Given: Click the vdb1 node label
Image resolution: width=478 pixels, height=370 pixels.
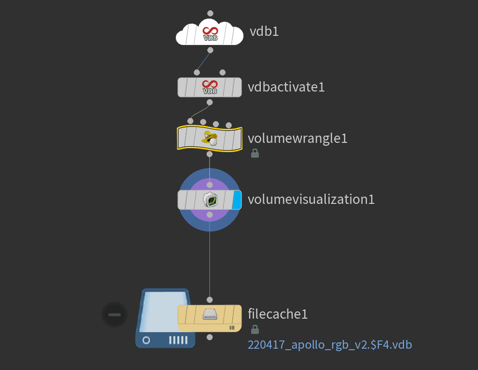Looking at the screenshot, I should [264, 32].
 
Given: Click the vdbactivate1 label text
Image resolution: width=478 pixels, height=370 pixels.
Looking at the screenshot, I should [286, 87].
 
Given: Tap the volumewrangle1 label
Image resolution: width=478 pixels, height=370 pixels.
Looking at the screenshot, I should [298, 139].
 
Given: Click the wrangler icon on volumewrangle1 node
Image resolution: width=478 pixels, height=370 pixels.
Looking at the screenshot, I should [209, 139].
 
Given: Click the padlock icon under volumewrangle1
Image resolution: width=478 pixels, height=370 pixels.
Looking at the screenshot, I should [255, 154].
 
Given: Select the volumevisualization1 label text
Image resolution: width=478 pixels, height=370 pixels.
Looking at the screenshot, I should [311, 199].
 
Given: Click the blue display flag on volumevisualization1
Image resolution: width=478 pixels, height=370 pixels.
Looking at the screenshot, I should [237, 200].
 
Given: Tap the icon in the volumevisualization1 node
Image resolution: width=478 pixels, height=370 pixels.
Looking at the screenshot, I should [209, 200].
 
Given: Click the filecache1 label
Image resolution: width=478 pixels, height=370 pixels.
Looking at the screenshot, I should [278, 314].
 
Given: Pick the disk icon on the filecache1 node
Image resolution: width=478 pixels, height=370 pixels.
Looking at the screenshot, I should [209, 314].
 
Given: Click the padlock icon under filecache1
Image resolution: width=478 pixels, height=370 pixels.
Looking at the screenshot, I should [255, 329].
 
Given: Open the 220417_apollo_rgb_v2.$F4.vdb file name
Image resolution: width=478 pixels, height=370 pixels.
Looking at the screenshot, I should [330, 345].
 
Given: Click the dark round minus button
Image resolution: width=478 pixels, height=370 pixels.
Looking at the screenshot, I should [114, 315].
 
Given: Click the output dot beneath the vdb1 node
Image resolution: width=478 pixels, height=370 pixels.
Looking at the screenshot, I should [210, 50].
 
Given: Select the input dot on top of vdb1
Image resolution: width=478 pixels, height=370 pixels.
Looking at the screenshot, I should [210, 13].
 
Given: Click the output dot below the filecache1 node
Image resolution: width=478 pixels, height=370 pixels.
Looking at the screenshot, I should [209, 337].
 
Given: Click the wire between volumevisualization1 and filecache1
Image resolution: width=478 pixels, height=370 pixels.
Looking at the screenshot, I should [209, 257].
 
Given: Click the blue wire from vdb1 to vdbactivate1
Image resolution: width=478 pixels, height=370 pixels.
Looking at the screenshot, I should [204, 61].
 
